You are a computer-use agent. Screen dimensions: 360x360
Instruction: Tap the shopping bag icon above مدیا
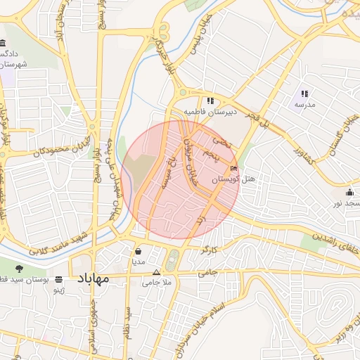click(x=137, y=250)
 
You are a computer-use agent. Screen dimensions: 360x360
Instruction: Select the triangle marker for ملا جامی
click(x=156, y=272)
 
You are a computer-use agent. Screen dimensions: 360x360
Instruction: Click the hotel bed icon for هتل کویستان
click(x=234, y=169)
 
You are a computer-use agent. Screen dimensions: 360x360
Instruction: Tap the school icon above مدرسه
click(x=304, y=94)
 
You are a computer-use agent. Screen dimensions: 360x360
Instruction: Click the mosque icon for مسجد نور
click(x=349, y=192)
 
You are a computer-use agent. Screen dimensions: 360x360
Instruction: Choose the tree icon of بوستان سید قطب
click(x=19, y=268)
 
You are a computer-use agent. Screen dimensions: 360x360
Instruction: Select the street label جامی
click(x=209, y=271)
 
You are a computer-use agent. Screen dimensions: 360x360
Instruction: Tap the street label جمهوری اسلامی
click(x=92, y=330)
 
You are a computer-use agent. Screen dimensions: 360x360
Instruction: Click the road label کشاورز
click(x=307, y=152)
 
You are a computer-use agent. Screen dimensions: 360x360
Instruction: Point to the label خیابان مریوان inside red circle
click(x=188, y=157)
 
